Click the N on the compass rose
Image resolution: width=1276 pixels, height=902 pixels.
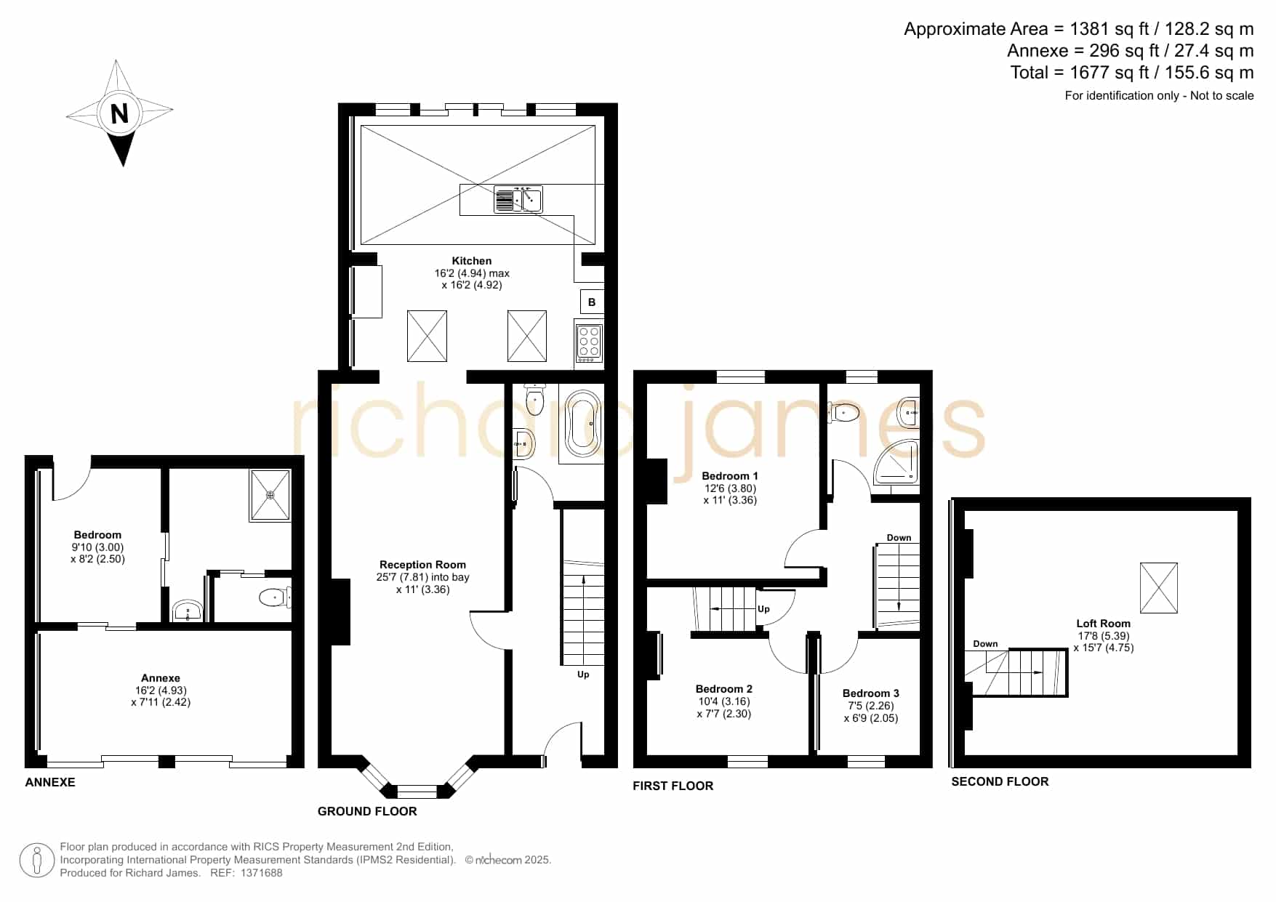119,113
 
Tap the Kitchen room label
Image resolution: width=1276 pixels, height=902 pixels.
472,261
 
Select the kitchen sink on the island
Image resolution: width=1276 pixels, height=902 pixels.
518,199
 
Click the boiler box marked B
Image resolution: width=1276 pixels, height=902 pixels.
592,302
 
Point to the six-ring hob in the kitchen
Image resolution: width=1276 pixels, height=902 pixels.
589,341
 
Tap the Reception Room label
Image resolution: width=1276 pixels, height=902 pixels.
422,565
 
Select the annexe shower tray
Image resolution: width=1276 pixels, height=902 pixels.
270,495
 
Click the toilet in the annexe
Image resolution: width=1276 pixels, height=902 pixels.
275,597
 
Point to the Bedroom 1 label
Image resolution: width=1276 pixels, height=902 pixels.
730,476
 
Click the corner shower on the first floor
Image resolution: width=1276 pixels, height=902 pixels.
896,462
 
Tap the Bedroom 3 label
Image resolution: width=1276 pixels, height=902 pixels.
871,693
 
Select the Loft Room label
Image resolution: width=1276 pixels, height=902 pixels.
1104,624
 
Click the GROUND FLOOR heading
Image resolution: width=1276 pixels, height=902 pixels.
367,811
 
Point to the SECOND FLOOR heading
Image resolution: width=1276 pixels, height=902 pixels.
1000,781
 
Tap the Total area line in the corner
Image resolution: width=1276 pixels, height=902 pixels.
1132,73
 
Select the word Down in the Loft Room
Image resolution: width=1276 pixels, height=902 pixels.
985,644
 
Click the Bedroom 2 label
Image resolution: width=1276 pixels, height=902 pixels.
724,689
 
